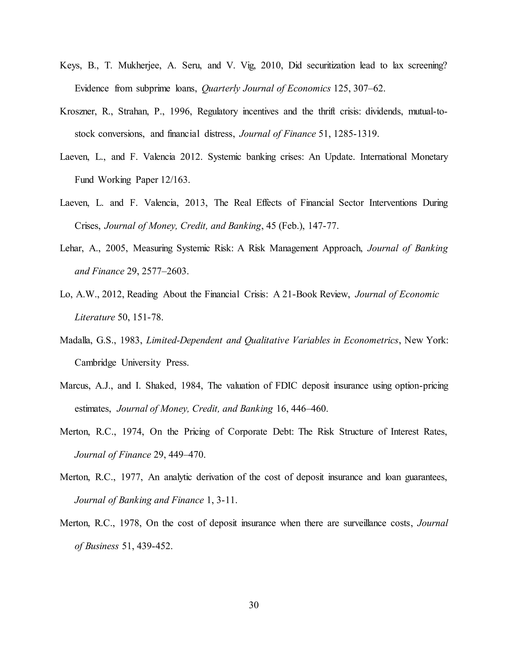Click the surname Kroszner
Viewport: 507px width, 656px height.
click(78, 111)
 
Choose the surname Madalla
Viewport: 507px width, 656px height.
click(76, 340)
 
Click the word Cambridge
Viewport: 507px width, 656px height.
click(95, 363)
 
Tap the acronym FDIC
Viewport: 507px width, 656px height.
click(286, 386)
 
